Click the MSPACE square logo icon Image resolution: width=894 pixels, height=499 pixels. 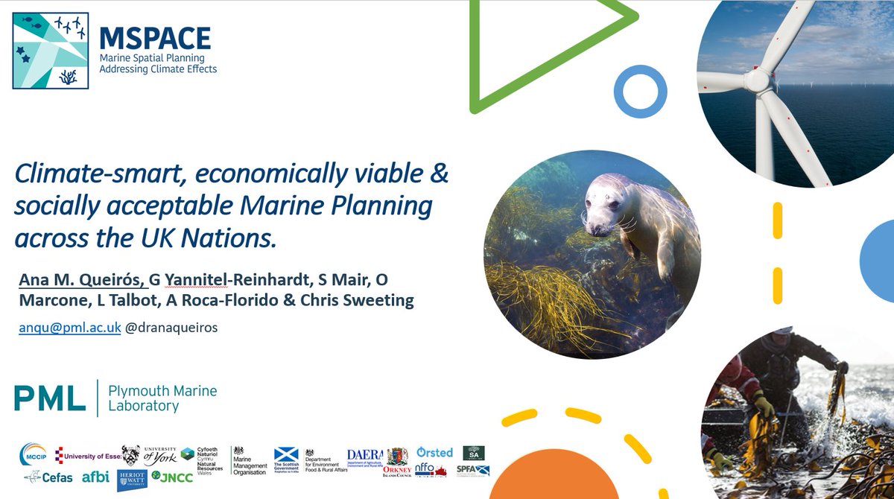point(50,50)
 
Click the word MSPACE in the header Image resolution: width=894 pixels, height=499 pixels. point(155,38)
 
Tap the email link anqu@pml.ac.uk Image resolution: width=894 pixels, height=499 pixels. point(70,328)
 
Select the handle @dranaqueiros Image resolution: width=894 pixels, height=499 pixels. point(171,328)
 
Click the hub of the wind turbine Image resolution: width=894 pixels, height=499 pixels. point(757,77)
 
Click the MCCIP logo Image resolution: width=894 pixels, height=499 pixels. point(34,454)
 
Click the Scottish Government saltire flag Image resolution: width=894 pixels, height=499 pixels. point(286,454)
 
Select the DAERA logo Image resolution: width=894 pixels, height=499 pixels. point(365,454)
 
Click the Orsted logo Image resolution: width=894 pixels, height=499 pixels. point(434,452)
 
